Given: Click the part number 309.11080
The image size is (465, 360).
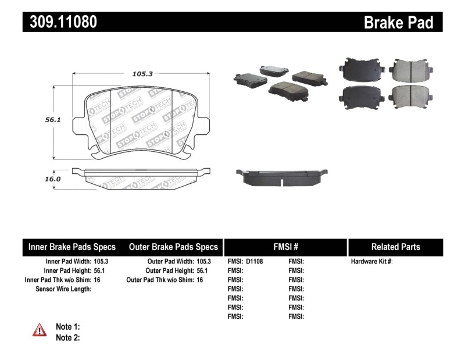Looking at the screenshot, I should (60, 22).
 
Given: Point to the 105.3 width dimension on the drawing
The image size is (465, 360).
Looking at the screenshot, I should (138, 74).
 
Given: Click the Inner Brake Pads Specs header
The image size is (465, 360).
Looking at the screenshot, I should (72, 247).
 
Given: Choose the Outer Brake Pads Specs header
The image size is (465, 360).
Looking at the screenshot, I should (173, 247).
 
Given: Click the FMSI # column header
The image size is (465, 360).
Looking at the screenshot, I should (285, 247).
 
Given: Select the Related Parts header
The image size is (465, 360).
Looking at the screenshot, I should (395, 247).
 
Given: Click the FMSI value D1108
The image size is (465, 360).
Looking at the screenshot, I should (255, 262).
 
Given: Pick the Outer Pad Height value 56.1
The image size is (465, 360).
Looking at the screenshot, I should (203, 271).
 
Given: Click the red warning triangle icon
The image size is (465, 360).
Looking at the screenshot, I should (40, 330).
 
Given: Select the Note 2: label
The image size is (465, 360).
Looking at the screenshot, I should (67, 337).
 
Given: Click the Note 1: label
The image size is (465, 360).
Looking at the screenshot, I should (67, 327).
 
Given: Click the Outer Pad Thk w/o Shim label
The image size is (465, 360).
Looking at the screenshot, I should (160, 280).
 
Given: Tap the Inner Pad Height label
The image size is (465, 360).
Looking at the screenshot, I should (67, 271).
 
